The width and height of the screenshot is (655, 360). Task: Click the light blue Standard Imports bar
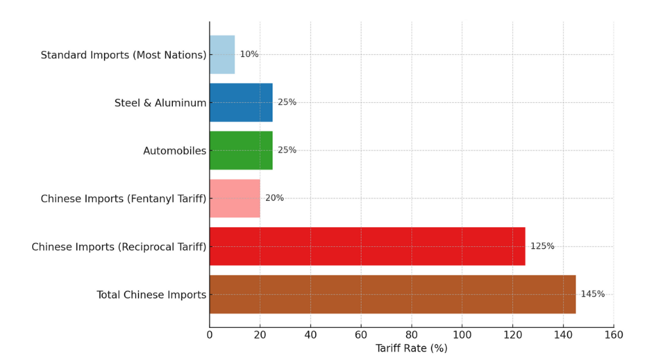(222, 54)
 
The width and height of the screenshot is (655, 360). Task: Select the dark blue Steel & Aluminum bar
(241, 102)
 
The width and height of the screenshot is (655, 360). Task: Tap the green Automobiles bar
(241, 150)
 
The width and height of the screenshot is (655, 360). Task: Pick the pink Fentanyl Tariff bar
(234, 198)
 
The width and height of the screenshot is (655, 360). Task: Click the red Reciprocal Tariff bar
(367, 246)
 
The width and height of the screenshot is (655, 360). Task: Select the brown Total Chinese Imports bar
(392, 294)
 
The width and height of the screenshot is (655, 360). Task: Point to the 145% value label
(593, 294)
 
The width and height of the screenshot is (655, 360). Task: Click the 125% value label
(542, 246)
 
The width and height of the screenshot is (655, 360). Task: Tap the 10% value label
(249, 54)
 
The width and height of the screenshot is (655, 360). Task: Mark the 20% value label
(274, 198)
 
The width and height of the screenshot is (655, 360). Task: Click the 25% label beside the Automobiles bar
(287, 150)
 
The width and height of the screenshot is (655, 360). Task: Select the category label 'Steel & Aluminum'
(160, 103)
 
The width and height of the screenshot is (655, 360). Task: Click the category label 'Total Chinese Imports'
(151, 295)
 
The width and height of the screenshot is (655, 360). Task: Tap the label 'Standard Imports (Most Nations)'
(123, 55)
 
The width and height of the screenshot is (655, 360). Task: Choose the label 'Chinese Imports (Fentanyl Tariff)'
(123, 198)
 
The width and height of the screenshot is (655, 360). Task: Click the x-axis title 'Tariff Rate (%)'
(411, 348)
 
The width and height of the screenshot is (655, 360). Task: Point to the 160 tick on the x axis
(614, 335)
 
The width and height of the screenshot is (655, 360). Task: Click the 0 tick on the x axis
(210, 335)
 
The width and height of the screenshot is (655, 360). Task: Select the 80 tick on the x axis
(411, 335)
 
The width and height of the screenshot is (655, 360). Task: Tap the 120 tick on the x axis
(513, 335)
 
